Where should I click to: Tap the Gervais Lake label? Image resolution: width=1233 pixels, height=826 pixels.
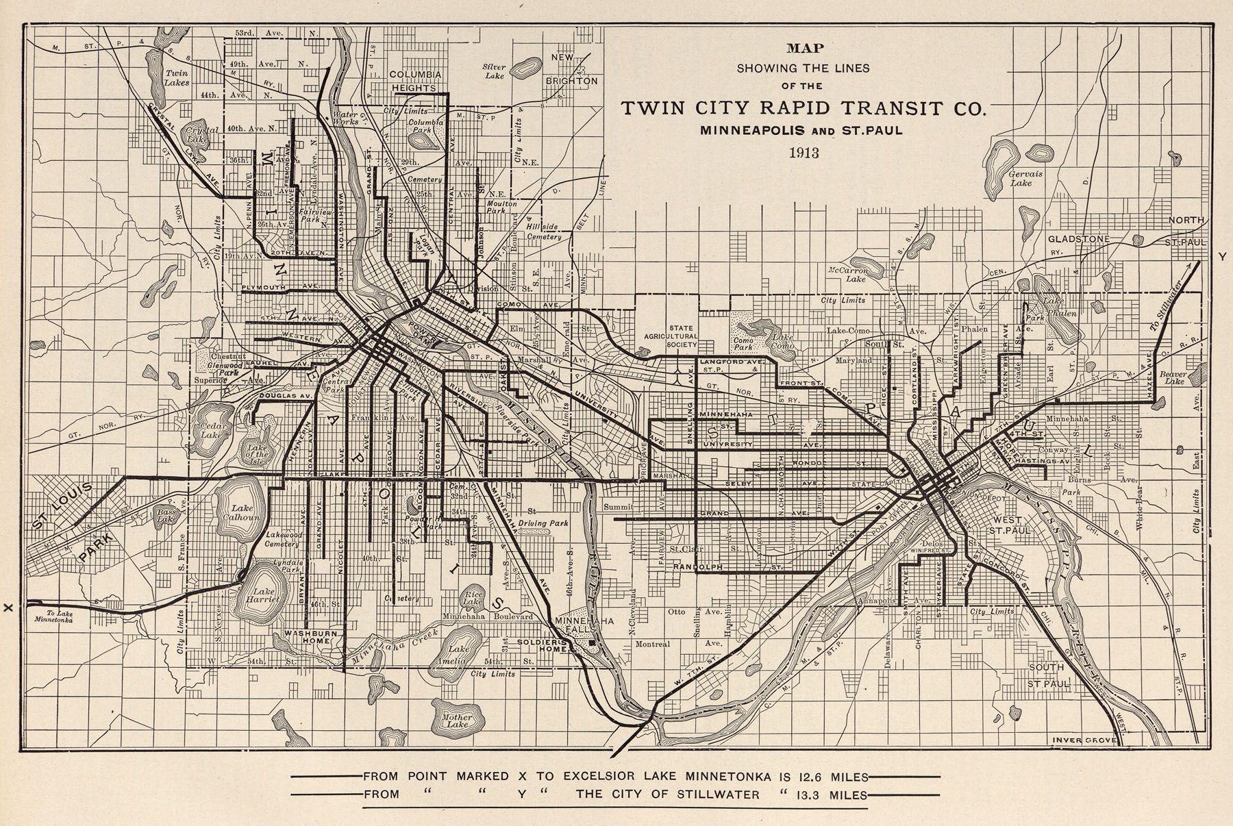click(1025, 179)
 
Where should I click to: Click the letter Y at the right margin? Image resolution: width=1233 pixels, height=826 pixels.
click(1221, 256)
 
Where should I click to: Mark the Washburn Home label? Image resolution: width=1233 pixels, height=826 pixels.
click(312, 638)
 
